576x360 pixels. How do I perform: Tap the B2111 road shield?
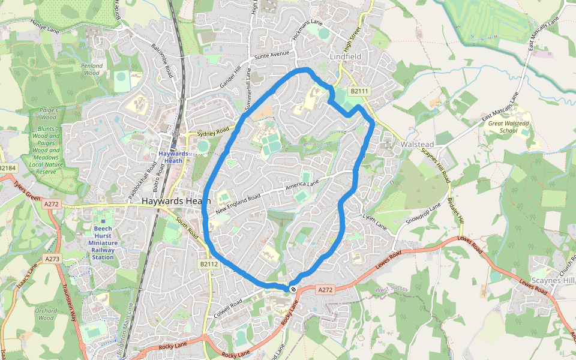coord(359,91)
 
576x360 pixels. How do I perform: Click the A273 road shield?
coord(52,259)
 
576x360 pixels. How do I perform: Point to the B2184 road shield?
coord(6,168)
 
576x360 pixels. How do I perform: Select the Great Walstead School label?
coord(508,127)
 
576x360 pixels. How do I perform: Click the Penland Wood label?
coord(92,69)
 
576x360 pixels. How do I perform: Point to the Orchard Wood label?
coord(46,314)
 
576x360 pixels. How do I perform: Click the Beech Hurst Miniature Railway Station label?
coord(103,242)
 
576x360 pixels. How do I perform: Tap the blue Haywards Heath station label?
coord(173,157)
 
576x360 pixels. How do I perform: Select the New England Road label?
coord(238,203)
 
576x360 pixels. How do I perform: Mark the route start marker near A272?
coord(293,289)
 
